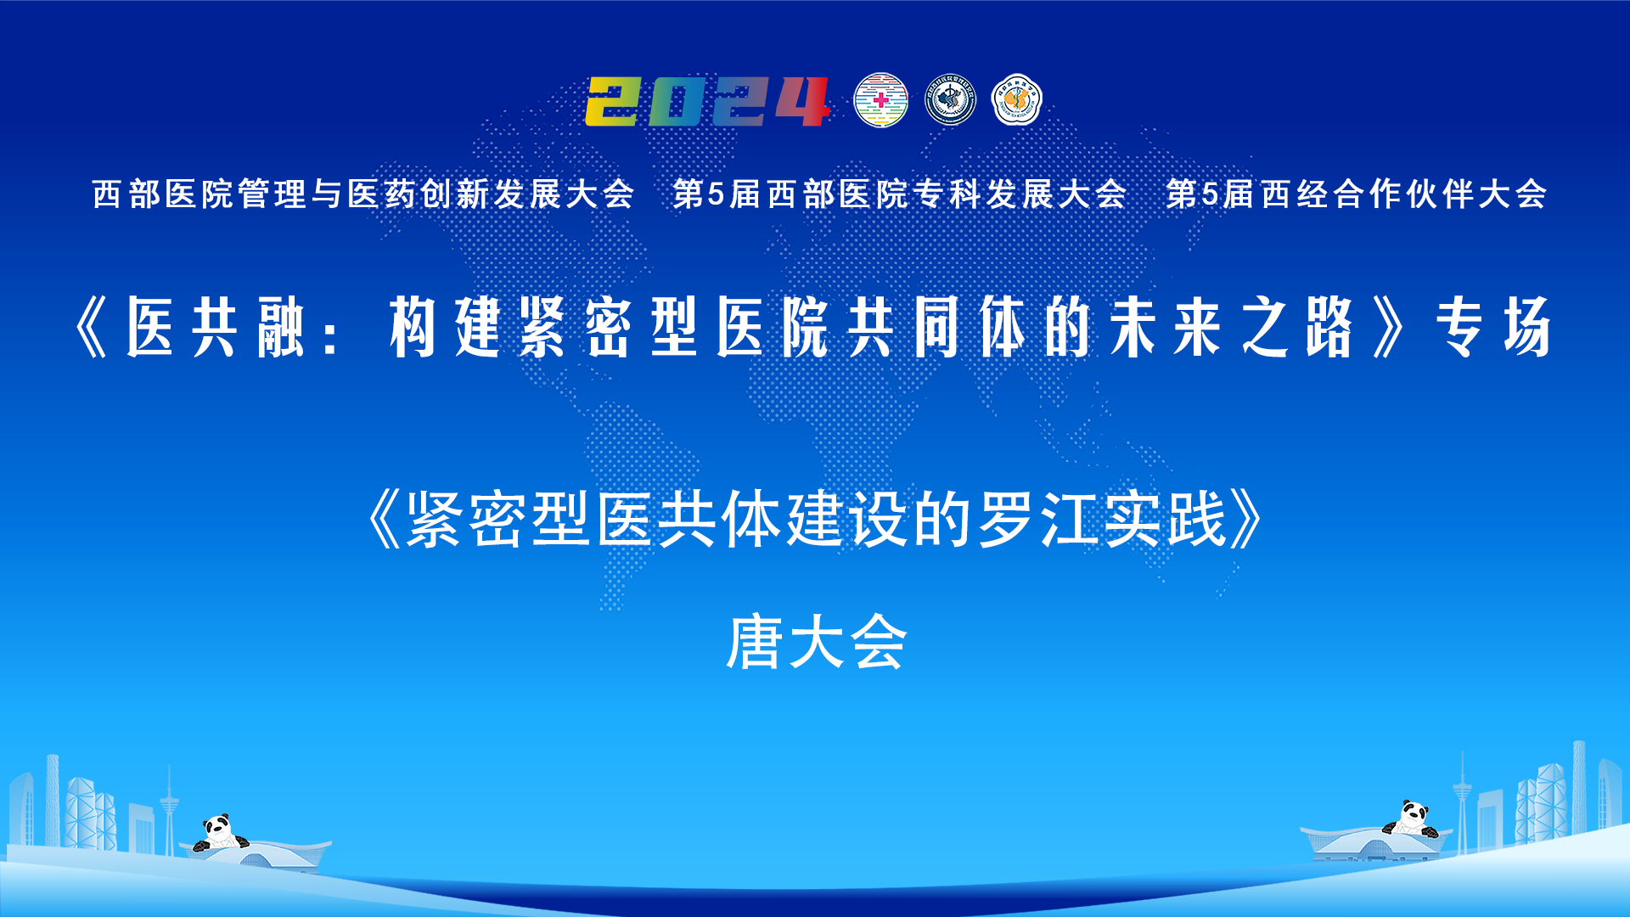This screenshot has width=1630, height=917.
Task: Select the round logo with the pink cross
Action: point(880,100)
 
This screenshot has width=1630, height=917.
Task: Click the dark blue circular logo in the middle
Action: point(949,100)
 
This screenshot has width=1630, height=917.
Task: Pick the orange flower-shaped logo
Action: point(1016,100)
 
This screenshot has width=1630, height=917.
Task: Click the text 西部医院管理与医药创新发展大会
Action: point(363,194)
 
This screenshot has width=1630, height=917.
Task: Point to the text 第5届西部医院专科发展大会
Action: point(899,194)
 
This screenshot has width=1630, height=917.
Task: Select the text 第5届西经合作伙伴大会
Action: point(1356,194)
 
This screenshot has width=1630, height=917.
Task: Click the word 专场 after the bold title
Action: point(1493,327)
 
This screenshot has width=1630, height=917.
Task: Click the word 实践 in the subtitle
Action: point(1165,519)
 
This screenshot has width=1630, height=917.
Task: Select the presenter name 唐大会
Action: point(817,643)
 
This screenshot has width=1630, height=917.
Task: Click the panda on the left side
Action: point(219,833)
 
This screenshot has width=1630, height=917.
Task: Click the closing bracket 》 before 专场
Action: point(1389,327)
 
